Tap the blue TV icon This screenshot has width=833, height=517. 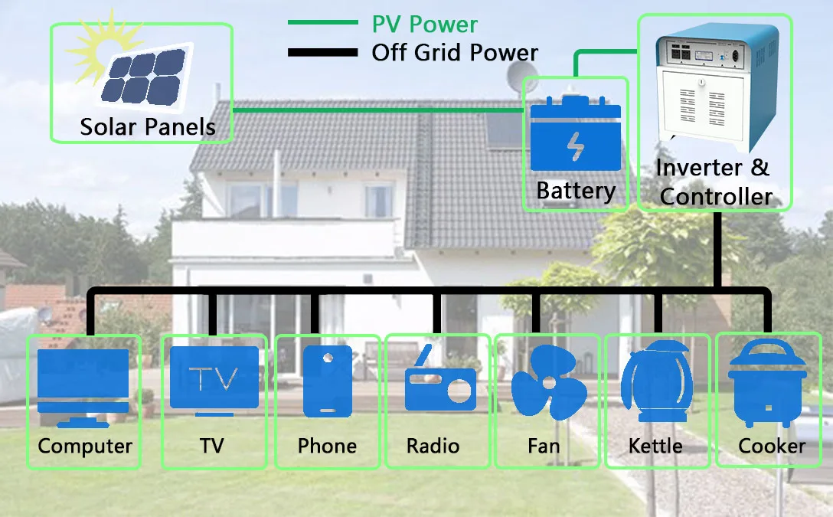point(214,381)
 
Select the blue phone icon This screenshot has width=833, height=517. point(328,381)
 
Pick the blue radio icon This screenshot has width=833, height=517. point(440,379)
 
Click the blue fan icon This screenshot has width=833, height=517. point(549,381)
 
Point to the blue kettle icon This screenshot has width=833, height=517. point(657,381)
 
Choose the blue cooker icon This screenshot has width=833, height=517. point(767,383)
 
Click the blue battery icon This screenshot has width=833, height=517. point(576,133)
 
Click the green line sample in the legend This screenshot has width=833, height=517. point(322,22)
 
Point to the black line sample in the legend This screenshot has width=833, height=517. point(322,52)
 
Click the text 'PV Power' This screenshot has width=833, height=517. point(424,25)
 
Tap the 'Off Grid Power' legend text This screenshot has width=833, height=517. point(455,53)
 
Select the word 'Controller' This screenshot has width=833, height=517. point(716,197)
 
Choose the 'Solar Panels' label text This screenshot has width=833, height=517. point(148,127)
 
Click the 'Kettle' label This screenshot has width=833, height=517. point(655,446)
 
